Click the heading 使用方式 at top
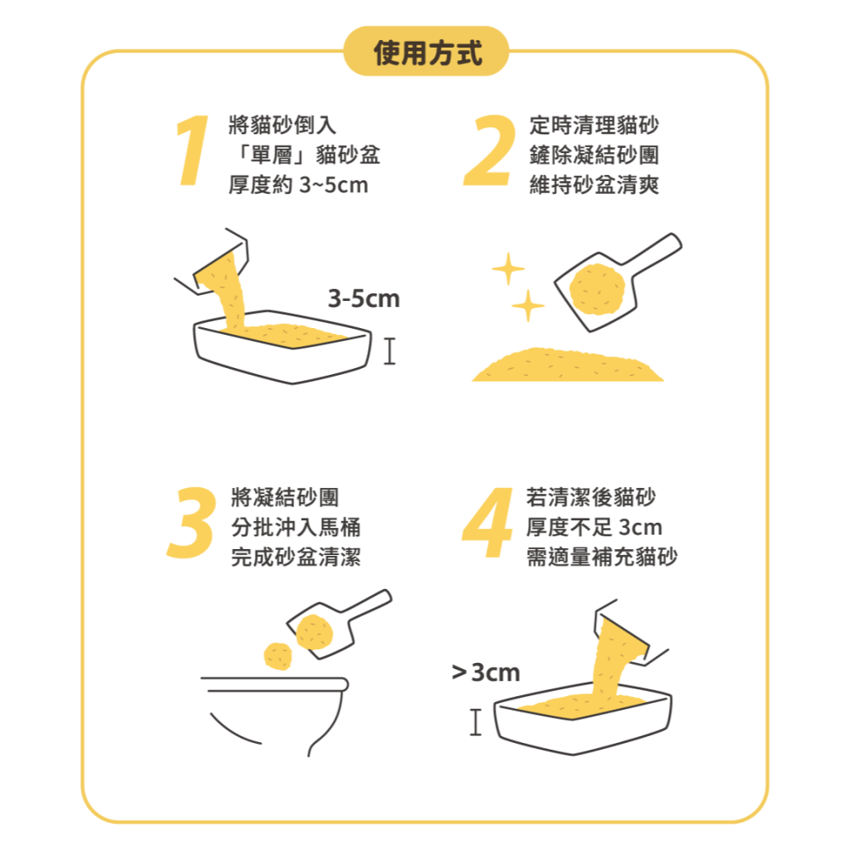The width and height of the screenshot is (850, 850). tap(428, 53)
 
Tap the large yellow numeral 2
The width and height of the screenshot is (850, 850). tap(490, 150)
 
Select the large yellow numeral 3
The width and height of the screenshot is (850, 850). tap(190, 524)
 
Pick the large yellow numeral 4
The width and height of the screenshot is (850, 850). tap(488, 524)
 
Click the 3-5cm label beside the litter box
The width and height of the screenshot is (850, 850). tap(363, 298)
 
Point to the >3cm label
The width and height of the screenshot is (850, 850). tap(485, 673)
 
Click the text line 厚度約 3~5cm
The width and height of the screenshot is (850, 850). tap(298, 184)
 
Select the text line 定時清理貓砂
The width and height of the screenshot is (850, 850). tap(593, 125)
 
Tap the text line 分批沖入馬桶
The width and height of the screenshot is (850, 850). tap(296, 527)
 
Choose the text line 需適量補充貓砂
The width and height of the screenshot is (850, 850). tap(602, 558)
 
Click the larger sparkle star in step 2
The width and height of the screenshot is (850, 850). tap(508, 269)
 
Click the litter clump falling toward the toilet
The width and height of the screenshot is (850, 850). tap(279, 655)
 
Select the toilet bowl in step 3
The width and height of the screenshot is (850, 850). tap(276, 714)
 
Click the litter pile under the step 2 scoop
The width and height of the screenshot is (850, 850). tap(568, 366)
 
